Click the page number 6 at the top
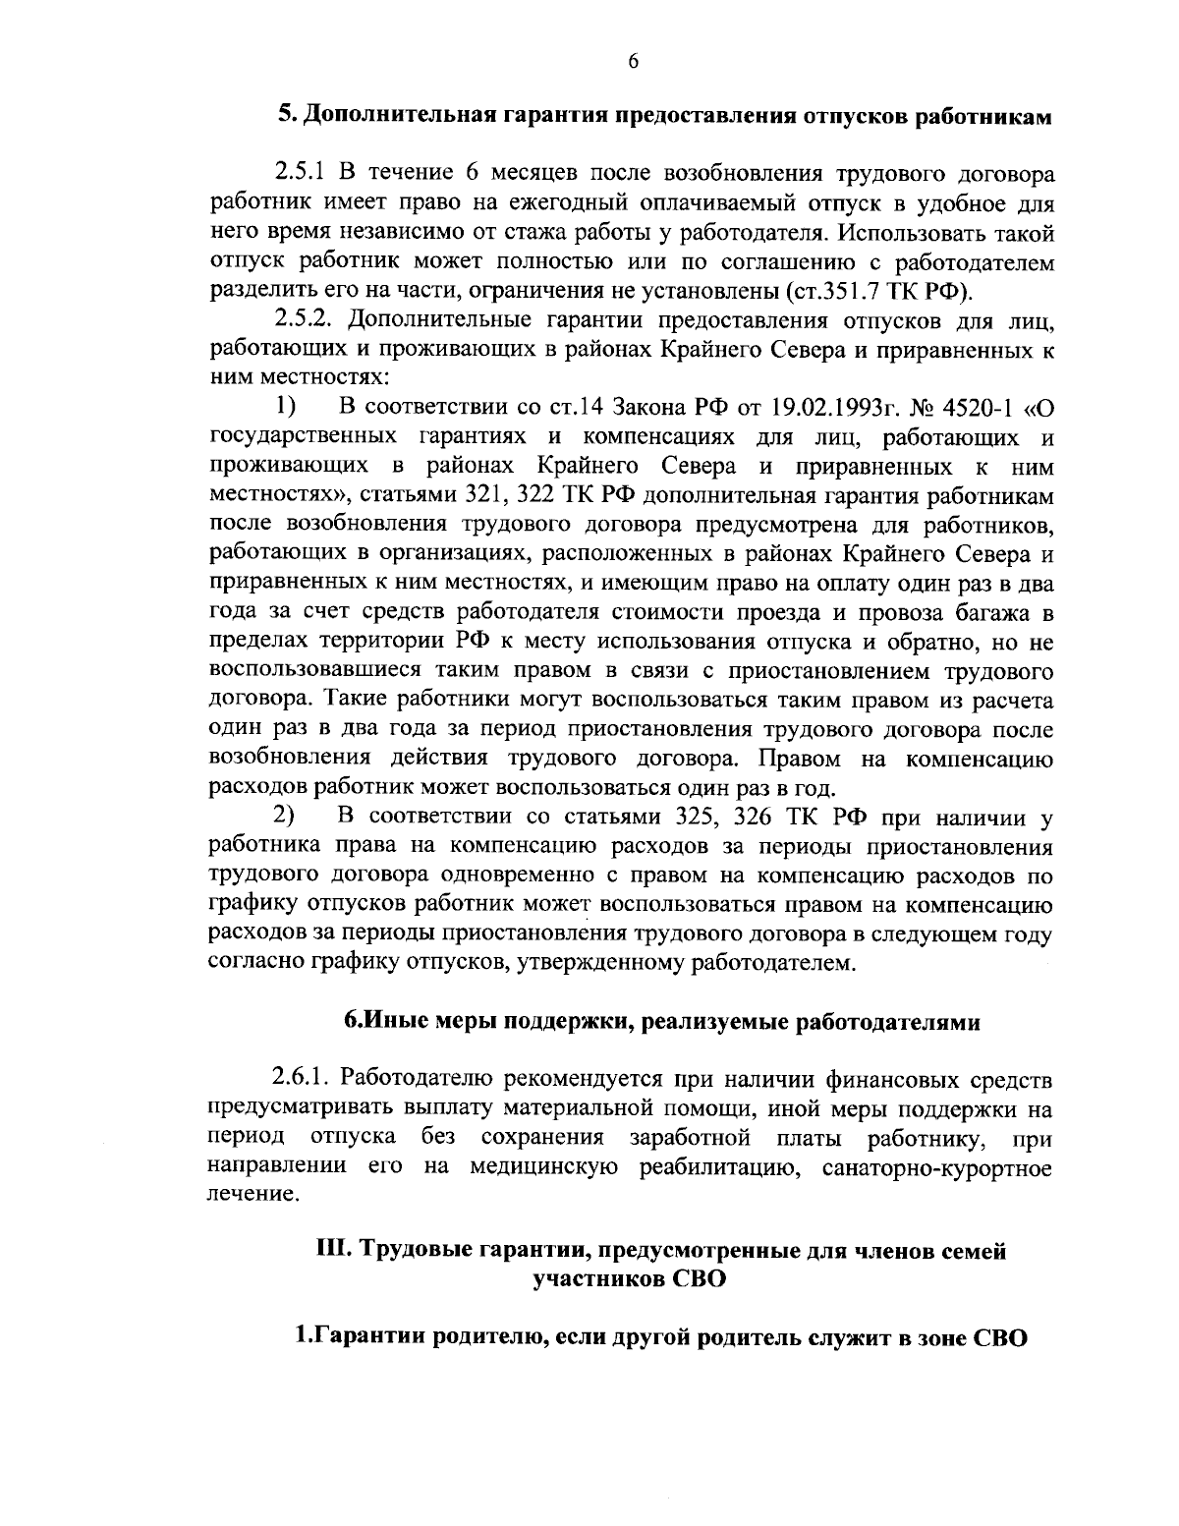633,61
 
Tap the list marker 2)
285,818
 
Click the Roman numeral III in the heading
333,1252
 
